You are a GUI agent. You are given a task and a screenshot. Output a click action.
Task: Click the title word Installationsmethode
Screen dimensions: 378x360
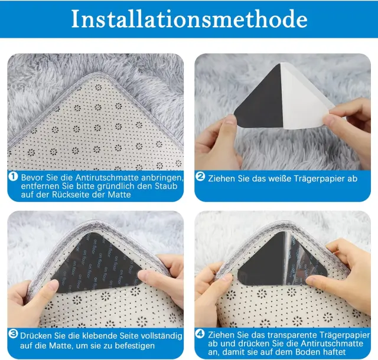189,19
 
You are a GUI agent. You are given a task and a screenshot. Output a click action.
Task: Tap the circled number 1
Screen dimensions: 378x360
13,176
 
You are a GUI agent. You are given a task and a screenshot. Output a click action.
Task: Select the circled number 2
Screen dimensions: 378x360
200,176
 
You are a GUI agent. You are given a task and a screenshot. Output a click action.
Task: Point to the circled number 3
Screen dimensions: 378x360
13,334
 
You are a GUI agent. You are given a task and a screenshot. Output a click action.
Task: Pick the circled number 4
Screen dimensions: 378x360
200,334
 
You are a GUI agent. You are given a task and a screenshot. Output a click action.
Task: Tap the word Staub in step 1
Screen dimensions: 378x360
166,186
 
